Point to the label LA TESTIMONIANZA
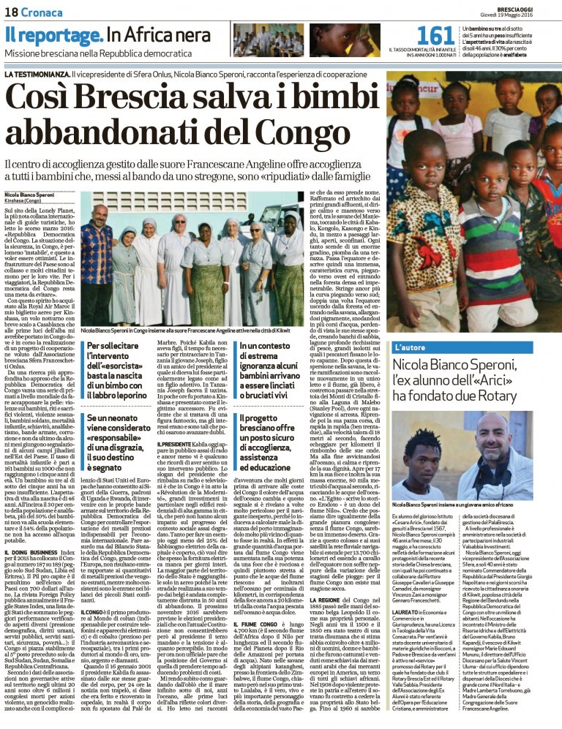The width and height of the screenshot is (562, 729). pos(36,75)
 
